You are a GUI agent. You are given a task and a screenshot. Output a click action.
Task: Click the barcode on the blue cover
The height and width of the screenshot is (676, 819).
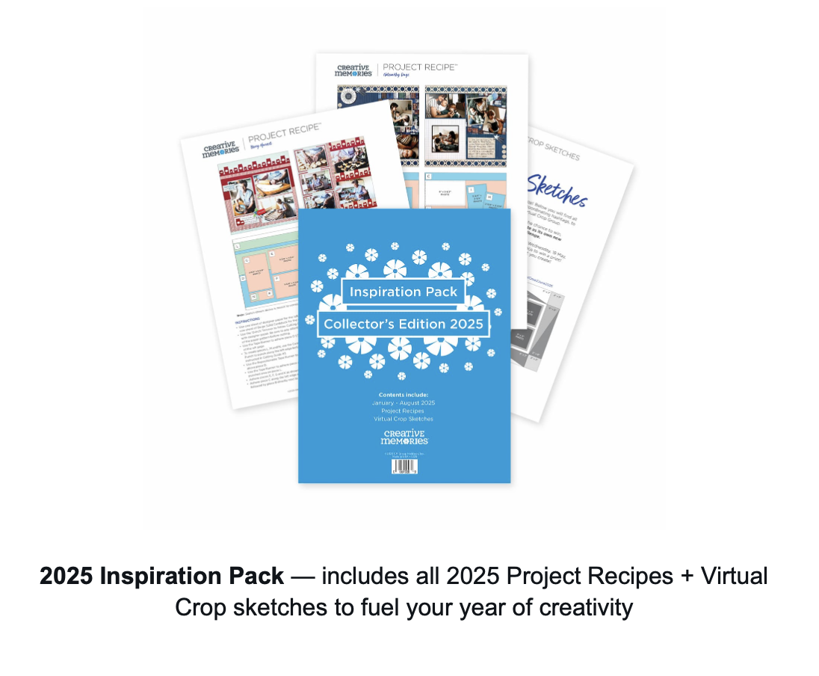(404, 467)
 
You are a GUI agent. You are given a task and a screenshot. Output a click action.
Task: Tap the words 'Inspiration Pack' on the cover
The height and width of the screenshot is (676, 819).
(404, 292)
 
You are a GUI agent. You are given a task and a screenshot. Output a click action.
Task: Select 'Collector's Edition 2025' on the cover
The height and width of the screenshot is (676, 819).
(404, 325)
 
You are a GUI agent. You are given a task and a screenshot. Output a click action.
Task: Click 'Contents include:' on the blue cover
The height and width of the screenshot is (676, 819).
(404, 394)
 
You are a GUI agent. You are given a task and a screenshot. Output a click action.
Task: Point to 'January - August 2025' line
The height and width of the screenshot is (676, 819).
(404, 403)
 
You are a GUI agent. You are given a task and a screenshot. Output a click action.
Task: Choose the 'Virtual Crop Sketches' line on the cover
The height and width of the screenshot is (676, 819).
(404, 419)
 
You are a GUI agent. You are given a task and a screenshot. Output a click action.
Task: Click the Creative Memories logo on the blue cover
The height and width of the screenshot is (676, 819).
(404, 437)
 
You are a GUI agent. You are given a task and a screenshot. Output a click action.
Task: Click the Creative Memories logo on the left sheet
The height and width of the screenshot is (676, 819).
(220, 148)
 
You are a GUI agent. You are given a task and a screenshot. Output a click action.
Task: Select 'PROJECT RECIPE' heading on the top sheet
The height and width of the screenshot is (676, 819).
(419, 67)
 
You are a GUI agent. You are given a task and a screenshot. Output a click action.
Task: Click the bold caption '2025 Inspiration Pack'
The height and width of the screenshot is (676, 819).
(162, 577)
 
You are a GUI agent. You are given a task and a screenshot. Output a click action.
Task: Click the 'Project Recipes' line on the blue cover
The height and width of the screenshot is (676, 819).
(404, 411)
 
